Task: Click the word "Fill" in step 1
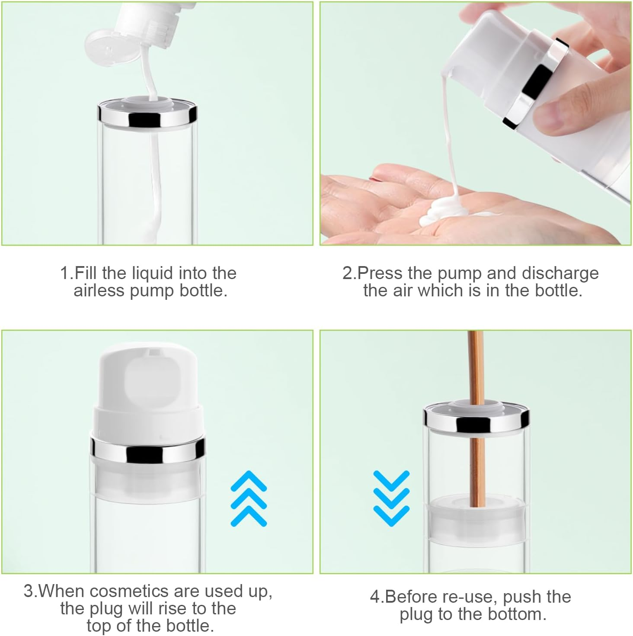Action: coord(86,273)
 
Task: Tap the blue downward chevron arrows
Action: coord(391,496)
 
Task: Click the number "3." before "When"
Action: coord(31,591)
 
